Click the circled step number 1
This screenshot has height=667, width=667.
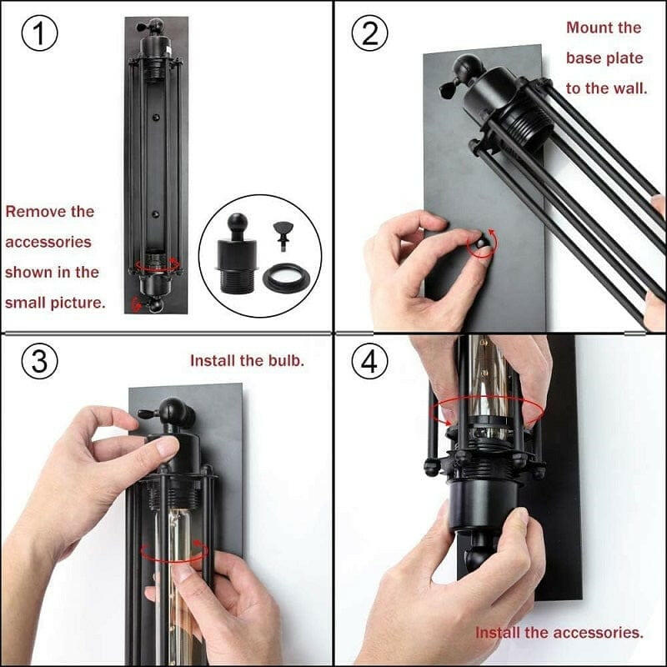(39, 33)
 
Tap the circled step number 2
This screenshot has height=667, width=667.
(369, 33)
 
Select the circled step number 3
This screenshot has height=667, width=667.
(39, 361)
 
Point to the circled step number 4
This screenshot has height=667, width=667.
(369, 361)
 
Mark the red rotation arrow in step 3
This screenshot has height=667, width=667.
(174, 552)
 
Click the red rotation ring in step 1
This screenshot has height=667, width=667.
(157, 264)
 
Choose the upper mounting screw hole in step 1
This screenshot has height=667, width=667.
(156, 117)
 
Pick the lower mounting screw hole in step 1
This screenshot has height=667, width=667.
(156, 214)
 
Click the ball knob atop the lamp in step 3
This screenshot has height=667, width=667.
(172, 410)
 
